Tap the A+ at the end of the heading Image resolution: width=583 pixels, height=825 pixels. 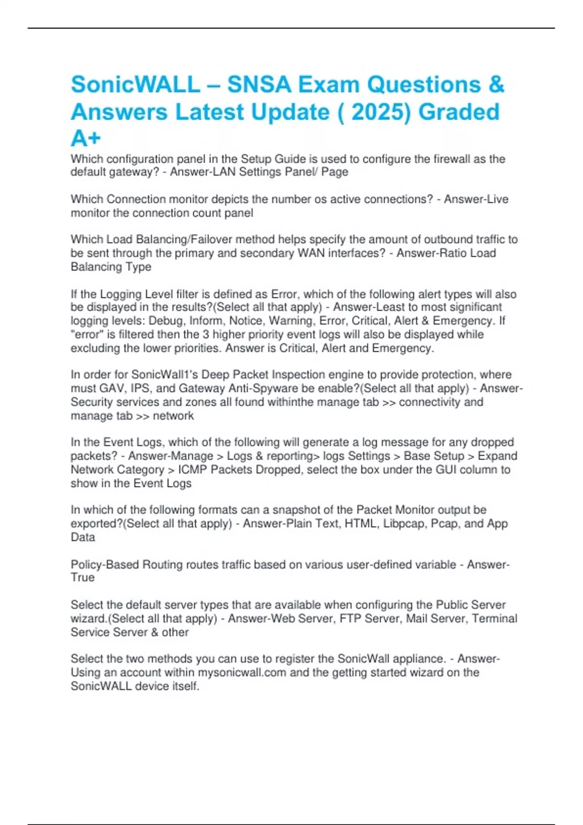[86, 139]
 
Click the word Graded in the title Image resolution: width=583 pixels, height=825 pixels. [459, 112]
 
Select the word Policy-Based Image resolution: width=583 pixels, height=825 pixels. [104, 564]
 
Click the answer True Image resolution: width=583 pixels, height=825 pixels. [83, 577]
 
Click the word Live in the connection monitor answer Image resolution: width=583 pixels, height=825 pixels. [497, 199]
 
